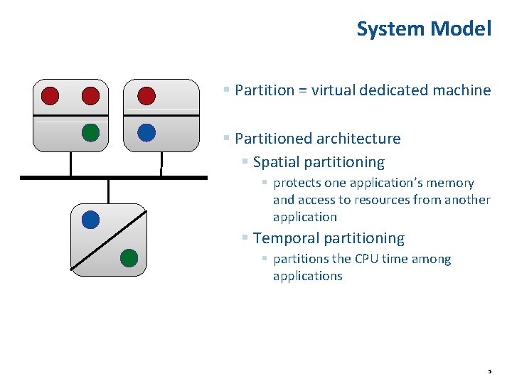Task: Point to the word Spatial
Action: [x=279, y=162]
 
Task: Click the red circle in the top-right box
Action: [x=146, y=95]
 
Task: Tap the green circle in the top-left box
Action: [x=90, y=133]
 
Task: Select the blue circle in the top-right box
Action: [x=146, y=133]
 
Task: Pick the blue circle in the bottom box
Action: [x=90, y=220]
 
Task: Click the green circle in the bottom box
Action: [x=128, y=257]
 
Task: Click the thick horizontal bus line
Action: [x=114, y=177]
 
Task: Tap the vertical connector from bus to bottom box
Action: [x=108, y=191]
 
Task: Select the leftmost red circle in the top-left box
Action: [x=50, y=95]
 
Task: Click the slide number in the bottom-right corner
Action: [x=489, y=372]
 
